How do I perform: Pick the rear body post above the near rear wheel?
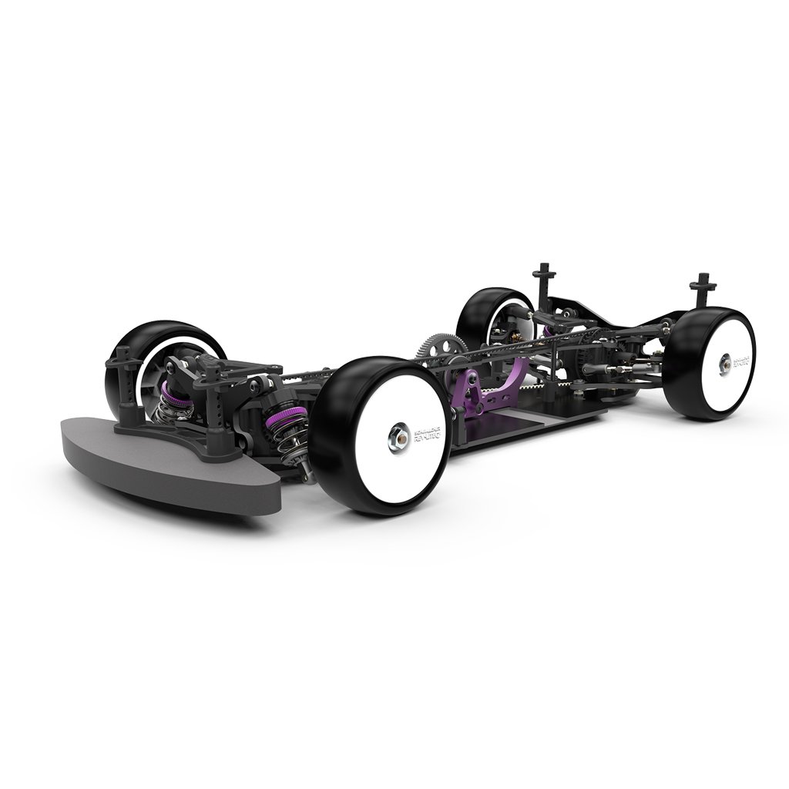point(703,289)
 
